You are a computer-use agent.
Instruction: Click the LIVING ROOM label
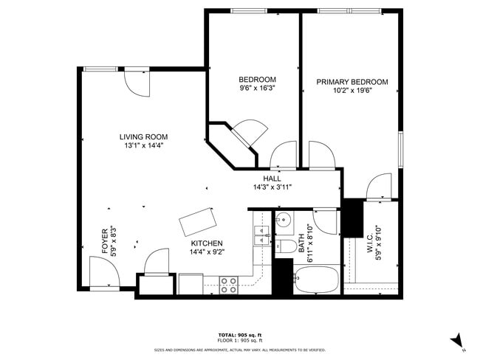pos(144,136)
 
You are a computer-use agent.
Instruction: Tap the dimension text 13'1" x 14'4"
pos(144,146)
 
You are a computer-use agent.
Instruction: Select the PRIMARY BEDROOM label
pos(352,82)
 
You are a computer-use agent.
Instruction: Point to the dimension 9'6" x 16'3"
pos(257,89)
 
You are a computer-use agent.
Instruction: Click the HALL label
pos(272,179)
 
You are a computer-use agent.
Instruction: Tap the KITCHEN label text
pos(207,243)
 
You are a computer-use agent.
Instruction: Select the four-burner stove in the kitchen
pos(229,284)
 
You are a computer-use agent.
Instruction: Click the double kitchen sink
pos(260,235)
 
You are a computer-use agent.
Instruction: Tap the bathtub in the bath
pos(316,281)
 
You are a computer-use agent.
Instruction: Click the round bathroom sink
pos(284,219)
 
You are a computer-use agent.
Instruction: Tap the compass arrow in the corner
pos(458,340)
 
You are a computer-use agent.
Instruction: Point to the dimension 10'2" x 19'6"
pos(352,91)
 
